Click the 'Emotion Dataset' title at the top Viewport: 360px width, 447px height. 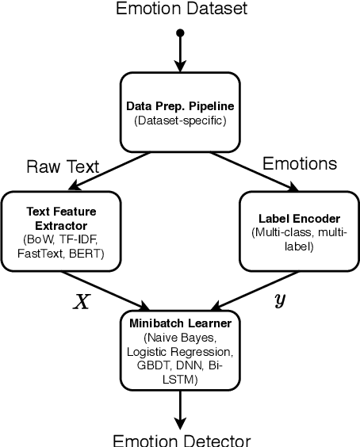pyautogui.click(x=181, y=10)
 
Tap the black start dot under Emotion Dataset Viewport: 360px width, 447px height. pyautogui.click(x=181, y=33)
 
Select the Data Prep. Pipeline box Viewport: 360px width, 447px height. pyautogui.click(x=181, y=110)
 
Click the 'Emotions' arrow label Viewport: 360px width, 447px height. pyautogui.click(x=300, y=164)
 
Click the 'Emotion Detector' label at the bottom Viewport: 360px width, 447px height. pyautogui.click(x=182, y=439)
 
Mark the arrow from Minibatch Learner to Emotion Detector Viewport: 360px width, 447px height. pyautogui.click(x=181, y=410)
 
